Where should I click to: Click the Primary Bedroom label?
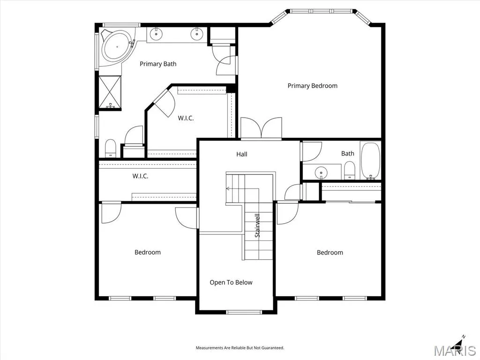[x=312, y=86]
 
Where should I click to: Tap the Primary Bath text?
[x=158, y=64]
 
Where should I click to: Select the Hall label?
[x=242, y=154]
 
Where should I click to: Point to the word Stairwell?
[x=257, y=225]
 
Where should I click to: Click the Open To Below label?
[x=231, y=283]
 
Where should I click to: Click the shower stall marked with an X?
[x=110, y=92]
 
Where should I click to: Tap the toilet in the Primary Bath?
[x=111, y=148]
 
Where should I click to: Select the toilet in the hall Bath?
[x=349, y=170]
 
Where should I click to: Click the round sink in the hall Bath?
[x=321, y=172]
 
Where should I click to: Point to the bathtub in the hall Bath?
[x=370, y=161]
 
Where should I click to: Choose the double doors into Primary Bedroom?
[x=261, y=128]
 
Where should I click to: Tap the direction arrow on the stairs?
[x=228, y=188]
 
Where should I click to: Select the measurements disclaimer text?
[x=240, y=348]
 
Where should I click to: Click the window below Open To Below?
[x=244, y=312]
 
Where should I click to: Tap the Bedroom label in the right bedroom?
[x=330, y=253]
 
